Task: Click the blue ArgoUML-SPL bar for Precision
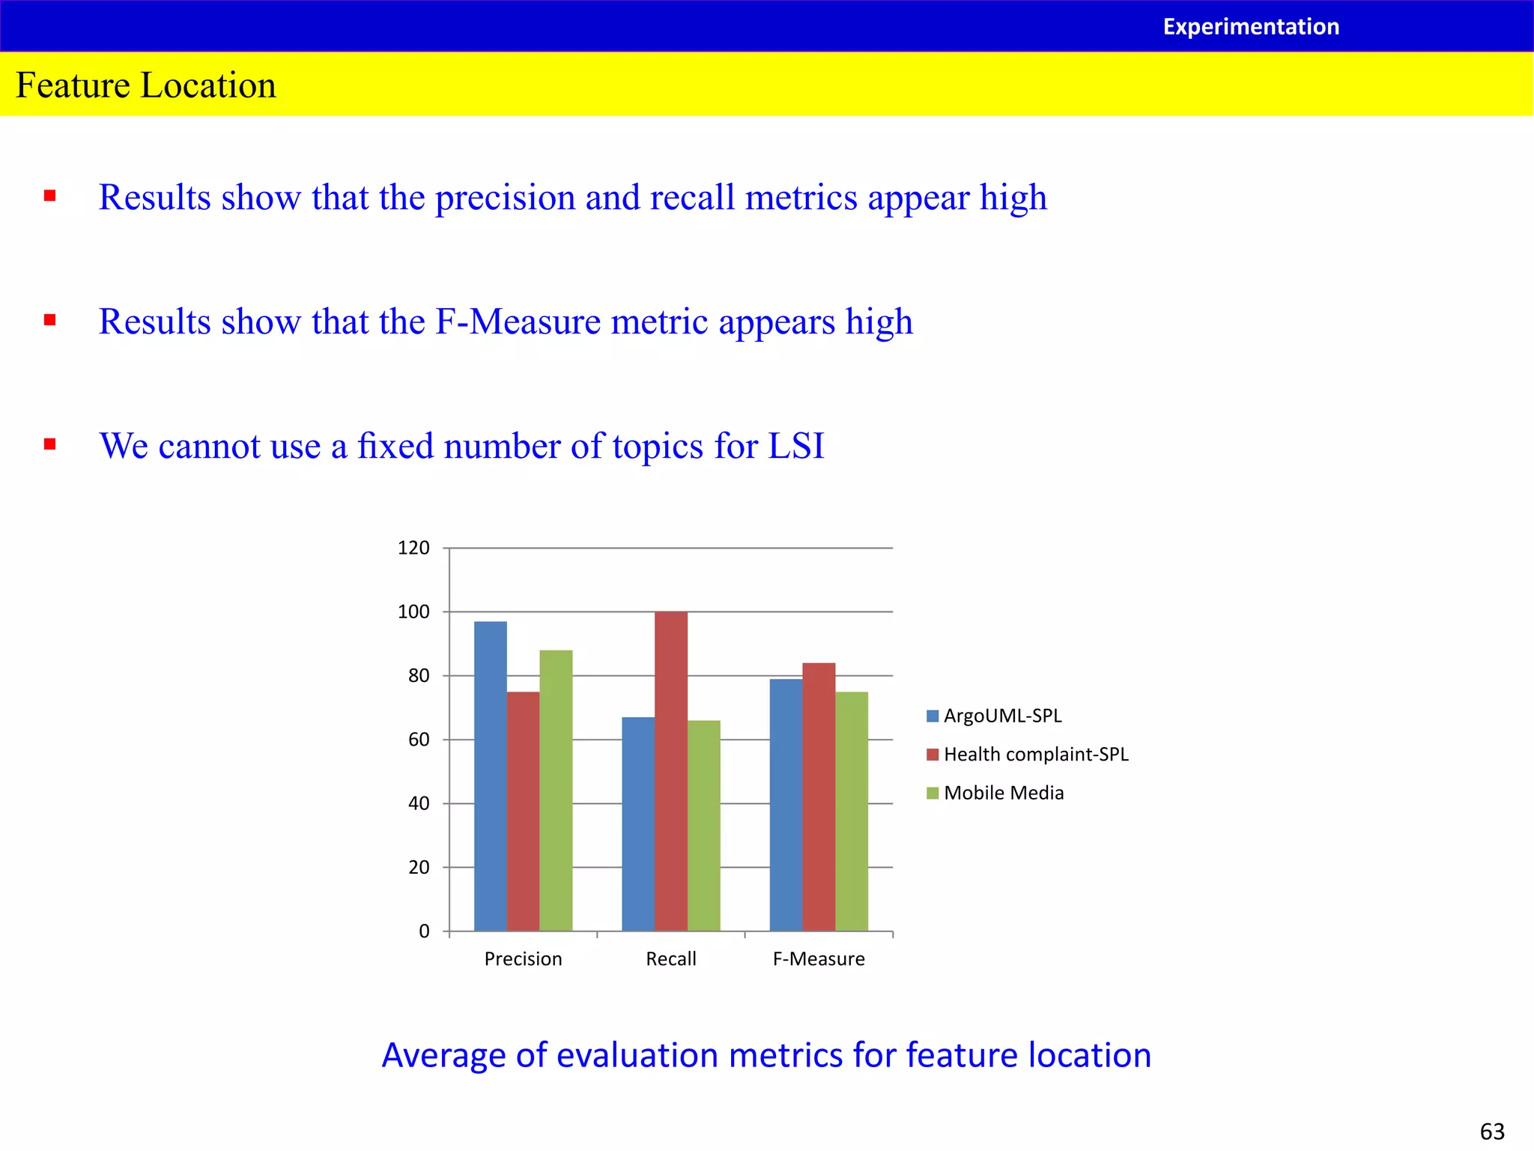(490, 776)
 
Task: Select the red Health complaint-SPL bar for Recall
(670, 771)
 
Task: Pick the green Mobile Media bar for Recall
(703, 825)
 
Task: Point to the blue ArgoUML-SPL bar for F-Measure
(786, 805)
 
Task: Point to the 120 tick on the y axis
(413, 548)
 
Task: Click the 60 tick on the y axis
(419, 740)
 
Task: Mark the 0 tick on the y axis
(424, 931)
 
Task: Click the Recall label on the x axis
(670, 959)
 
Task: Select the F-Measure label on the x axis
(819, 959)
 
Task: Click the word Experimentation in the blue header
(1250, 27)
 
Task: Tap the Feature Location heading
(146, 85)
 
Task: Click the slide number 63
(1492, 1131)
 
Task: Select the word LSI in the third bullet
(795, 446)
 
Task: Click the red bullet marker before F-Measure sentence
(50, 321)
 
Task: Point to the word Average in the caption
(443, 1055)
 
